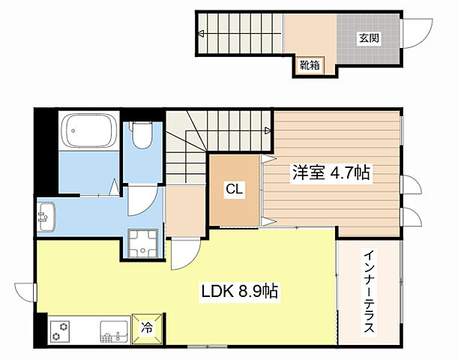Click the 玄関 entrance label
367,37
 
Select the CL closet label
234,190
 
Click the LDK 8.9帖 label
237,291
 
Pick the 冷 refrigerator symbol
147,328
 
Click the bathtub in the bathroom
87,131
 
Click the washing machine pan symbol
144,244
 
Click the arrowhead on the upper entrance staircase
202,34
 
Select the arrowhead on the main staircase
268,130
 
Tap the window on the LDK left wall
25,292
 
